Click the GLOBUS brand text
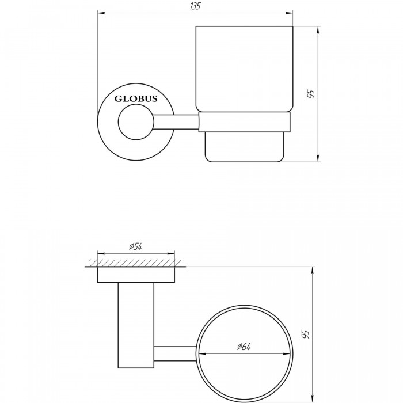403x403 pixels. (x=136, y=98)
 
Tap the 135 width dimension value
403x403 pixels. (x=195, y=6)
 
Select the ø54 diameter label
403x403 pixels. (x=136, y=247)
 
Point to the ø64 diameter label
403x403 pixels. (x=244, y=347)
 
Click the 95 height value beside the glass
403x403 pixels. (x=311, y=94)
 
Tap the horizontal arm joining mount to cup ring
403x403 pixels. (x=176, y=122)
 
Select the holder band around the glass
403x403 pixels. (x=245, y=122)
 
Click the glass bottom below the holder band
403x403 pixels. (x=245, y=147)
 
